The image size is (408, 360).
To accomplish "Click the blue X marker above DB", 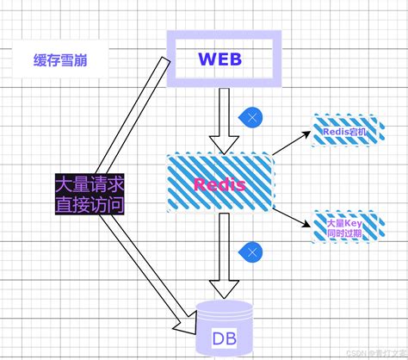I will tap(250, 252).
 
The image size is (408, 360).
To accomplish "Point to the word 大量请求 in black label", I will tap(90, 184).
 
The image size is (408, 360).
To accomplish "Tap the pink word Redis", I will tap(220, 183).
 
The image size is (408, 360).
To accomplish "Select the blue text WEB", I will tap(222, 59).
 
